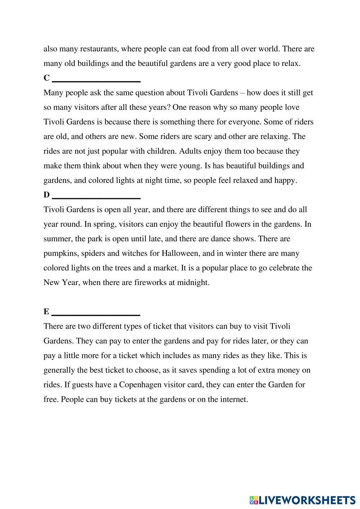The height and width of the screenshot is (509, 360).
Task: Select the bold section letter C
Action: click(46, 78)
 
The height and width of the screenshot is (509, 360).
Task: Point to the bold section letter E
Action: click(46, 312)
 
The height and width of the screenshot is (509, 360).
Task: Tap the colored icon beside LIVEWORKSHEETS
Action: click(254, 500)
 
